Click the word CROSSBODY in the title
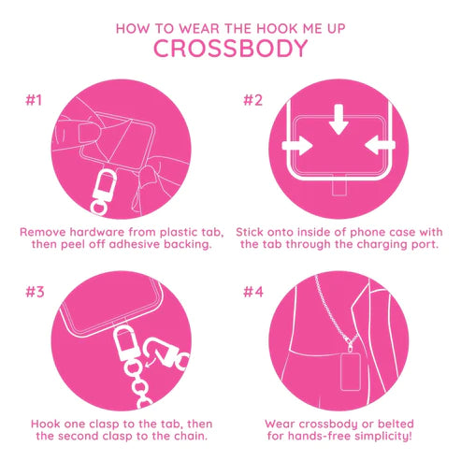click(x=230, y=50)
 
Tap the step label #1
click(x=34, y=100)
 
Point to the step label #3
click(x=35, y=291)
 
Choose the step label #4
click(x=254, y=291)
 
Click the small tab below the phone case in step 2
click(x=339, y=188)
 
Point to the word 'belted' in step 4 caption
click(x=385, y=422)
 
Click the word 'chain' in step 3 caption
click(x=183, y=437)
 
